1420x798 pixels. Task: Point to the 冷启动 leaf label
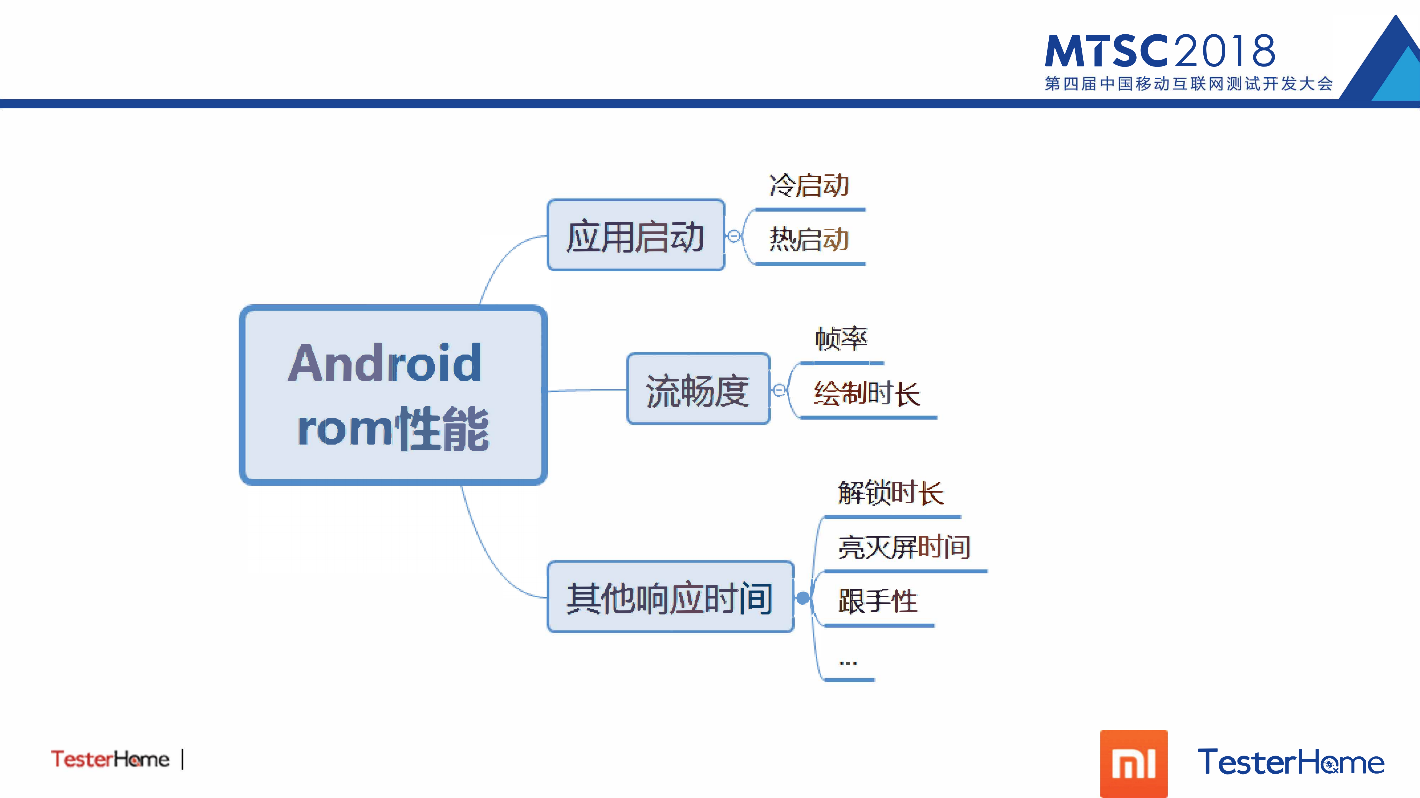point(809,186)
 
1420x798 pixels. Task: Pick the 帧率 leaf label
point(841,338)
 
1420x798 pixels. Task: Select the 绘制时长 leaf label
point(866,394)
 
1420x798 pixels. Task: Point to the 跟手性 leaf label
point(878,601)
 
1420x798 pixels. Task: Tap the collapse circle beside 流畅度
point(779,390)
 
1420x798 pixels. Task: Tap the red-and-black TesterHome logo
point(110,759)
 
